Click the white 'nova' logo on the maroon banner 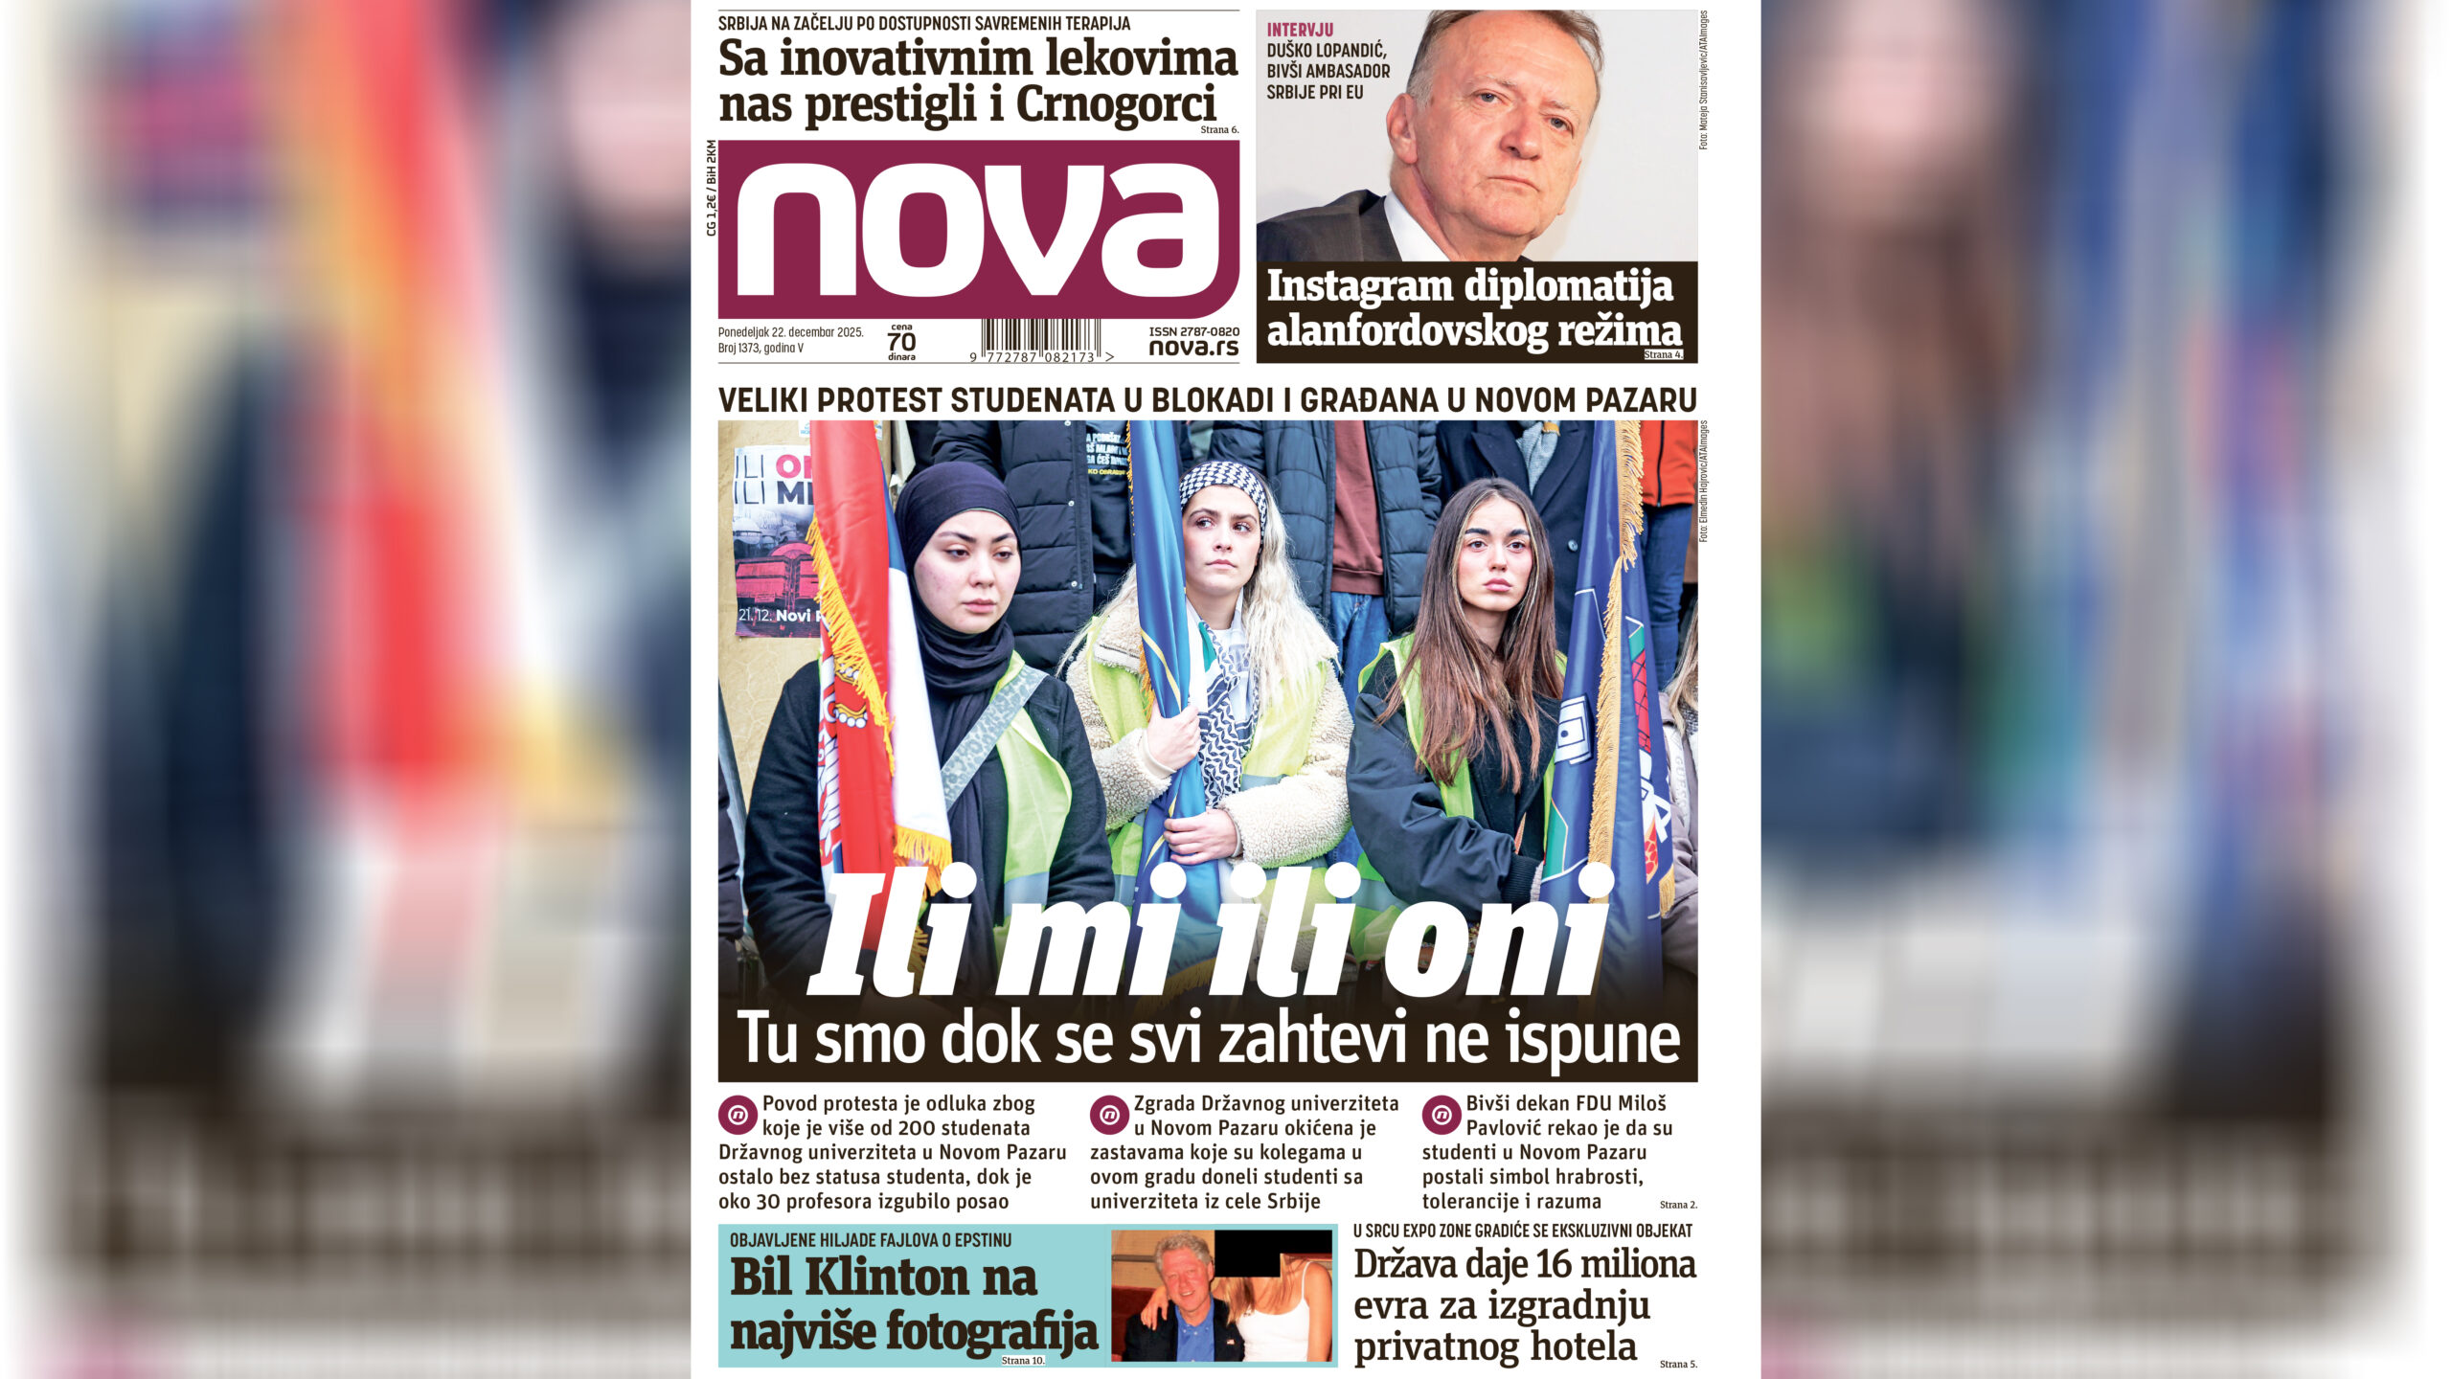click(x=977, y=230)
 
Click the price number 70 click(x=901, y=342)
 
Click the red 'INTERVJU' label click(x=1300, y=30)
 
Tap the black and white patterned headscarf click(x=1223, y=483)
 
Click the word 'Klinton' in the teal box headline click(x=919, y=1277)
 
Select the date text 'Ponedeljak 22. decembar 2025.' click(x=791, y=332)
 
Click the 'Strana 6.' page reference click(x=1219, y=129)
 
